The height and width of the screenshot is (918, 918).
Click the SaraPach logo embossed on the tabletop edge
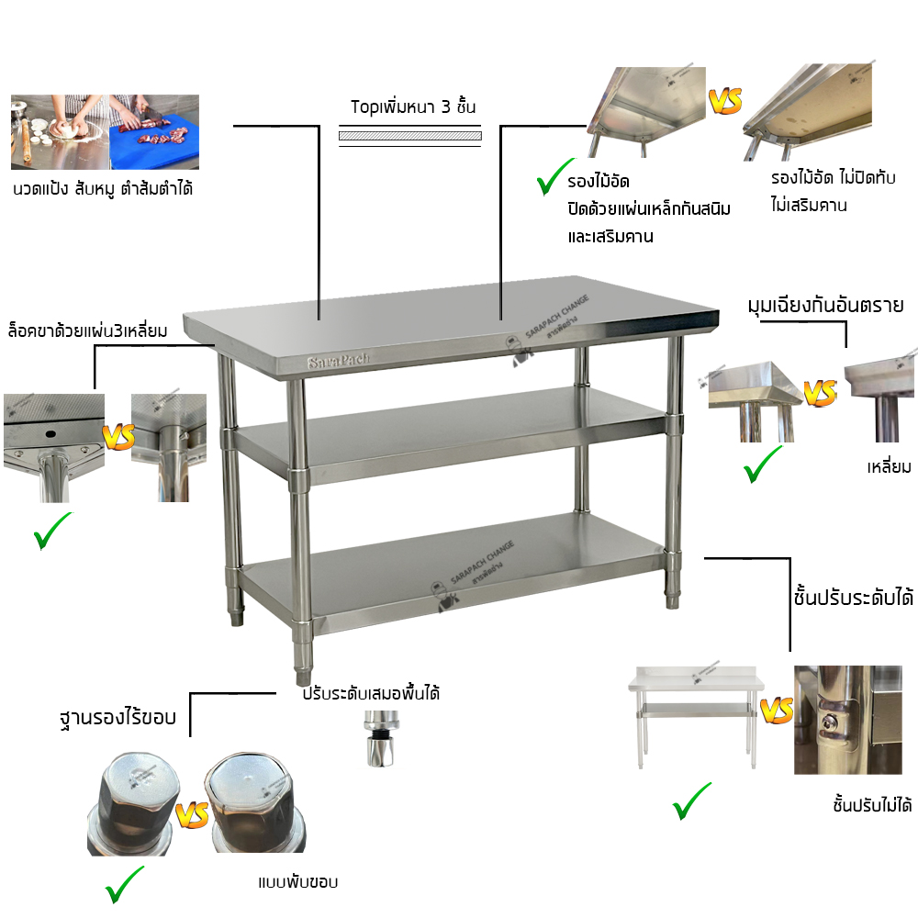339,361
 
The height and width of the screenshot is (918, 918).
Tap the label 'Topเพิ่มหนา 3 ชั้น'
413,106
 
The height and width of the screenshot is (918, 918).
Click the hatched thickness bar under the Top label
409,136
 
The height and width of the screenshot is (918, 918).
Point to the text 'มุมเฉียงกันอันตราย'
825,306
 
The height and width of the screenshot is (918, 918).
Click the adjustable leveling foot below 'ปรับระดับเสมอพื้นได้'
381,739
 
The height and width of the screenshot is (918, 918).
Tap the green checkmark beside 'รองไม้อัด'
554,176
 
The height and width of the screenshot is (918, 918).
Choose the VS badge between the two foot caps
192,813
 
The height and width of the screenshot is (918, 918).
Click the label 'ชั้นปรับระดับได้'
853,598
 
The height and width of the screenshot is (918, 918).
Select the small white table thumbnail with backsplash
696,717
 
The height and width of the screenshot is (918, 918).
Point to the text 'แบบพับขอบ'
298,881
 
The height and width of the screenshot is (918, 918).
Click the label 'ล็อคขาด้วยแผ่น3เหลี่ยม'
88,330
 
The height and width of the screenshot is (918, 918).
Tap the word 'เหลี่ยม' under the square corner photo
889,466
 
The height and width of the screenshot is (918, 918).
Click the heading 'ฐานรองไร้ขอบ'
118,717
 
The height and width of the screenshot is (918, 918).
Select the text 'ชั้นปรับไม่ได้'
872,805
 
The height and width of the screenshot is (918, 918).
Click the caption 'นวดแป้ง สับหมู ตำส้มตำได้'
103,188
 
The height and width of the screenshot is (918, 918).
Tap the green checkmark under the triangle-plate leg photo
52,531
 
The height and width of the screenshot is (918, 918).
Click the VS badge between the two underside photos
725,101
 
